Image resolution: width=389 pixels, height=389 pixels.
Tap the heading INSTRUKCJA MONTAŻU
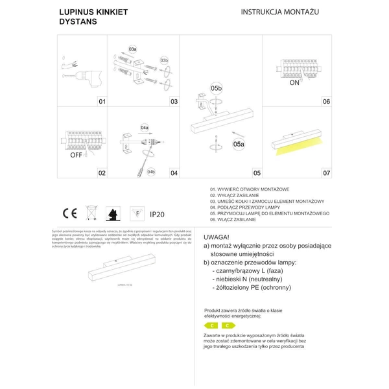point(280,12)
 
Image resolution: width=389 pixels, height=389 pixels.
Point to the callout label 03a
point(133,49)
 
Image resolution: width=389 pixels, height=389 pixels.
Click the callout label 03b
point(164,60)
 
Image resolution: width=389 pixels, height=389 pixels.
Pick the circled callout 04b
point(150,171)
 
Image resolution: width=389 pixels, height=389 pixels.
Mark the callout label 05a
point(239,145)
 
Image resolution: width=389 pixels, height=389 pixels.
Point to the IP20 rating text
point(158,213)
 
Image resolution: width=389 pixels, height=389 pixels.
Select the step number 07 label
point(327,173)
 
